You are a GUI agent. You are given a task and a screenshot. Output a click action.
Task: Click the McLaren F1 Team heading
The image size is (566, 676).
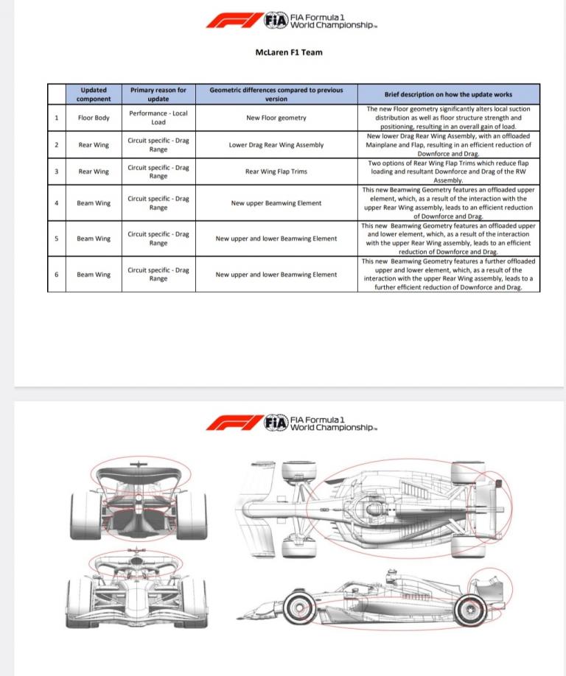(288, 52)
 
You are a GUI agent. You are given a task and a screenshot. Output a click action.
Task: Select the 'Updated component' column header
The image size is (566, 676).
(94, 94)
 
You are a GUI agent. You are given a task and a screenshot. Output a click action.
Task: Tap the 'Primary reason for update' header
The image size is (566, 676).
(158, 94)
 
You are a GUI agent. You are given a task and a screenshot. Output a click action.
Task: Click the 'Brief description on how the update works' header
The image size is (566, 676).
(448, 94)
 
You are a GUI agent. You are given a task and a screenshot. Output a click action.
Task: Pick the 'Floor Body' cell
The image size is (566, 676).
(94, 118)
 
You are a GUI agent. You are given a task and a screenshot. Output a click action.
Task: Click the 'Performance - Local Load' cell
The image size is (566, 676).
(158, 118)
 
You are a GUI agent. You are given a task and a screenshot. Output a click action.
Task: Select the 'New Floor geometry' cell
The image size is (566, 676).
(276, 118)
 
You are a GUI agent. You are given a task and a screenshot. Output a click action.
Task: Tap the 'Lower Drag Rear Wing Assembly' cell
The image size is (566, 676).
(276, 145)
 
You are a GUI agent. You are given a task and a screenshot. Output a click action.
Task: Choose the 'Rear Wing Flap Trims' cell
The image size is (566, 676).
(276, 172)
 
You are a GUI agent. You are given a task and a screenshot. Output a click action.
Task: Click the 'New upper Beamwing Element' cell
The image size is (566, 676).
(276, 203)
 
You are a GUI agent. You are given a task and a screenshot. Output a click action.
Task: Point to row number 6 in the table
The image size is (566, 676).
(57, 275)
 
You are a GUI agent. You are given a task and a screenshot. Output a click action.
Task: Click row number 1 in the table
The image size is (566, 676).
(57, 118)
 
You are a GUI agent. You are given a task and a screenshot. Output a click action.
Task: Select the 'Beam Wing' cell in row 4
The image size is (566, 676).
(94, 203)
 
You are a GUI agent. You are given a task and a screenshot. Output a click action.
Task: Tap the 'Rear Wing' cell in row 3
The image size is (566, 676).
(94, 172)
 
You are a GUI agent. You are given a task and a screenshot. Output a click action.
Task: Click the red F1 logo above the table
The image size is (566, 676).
(234, 20)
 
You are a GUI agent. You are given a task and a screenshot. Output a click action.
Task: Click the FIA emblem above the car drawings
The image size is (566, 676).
(276, 423)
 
